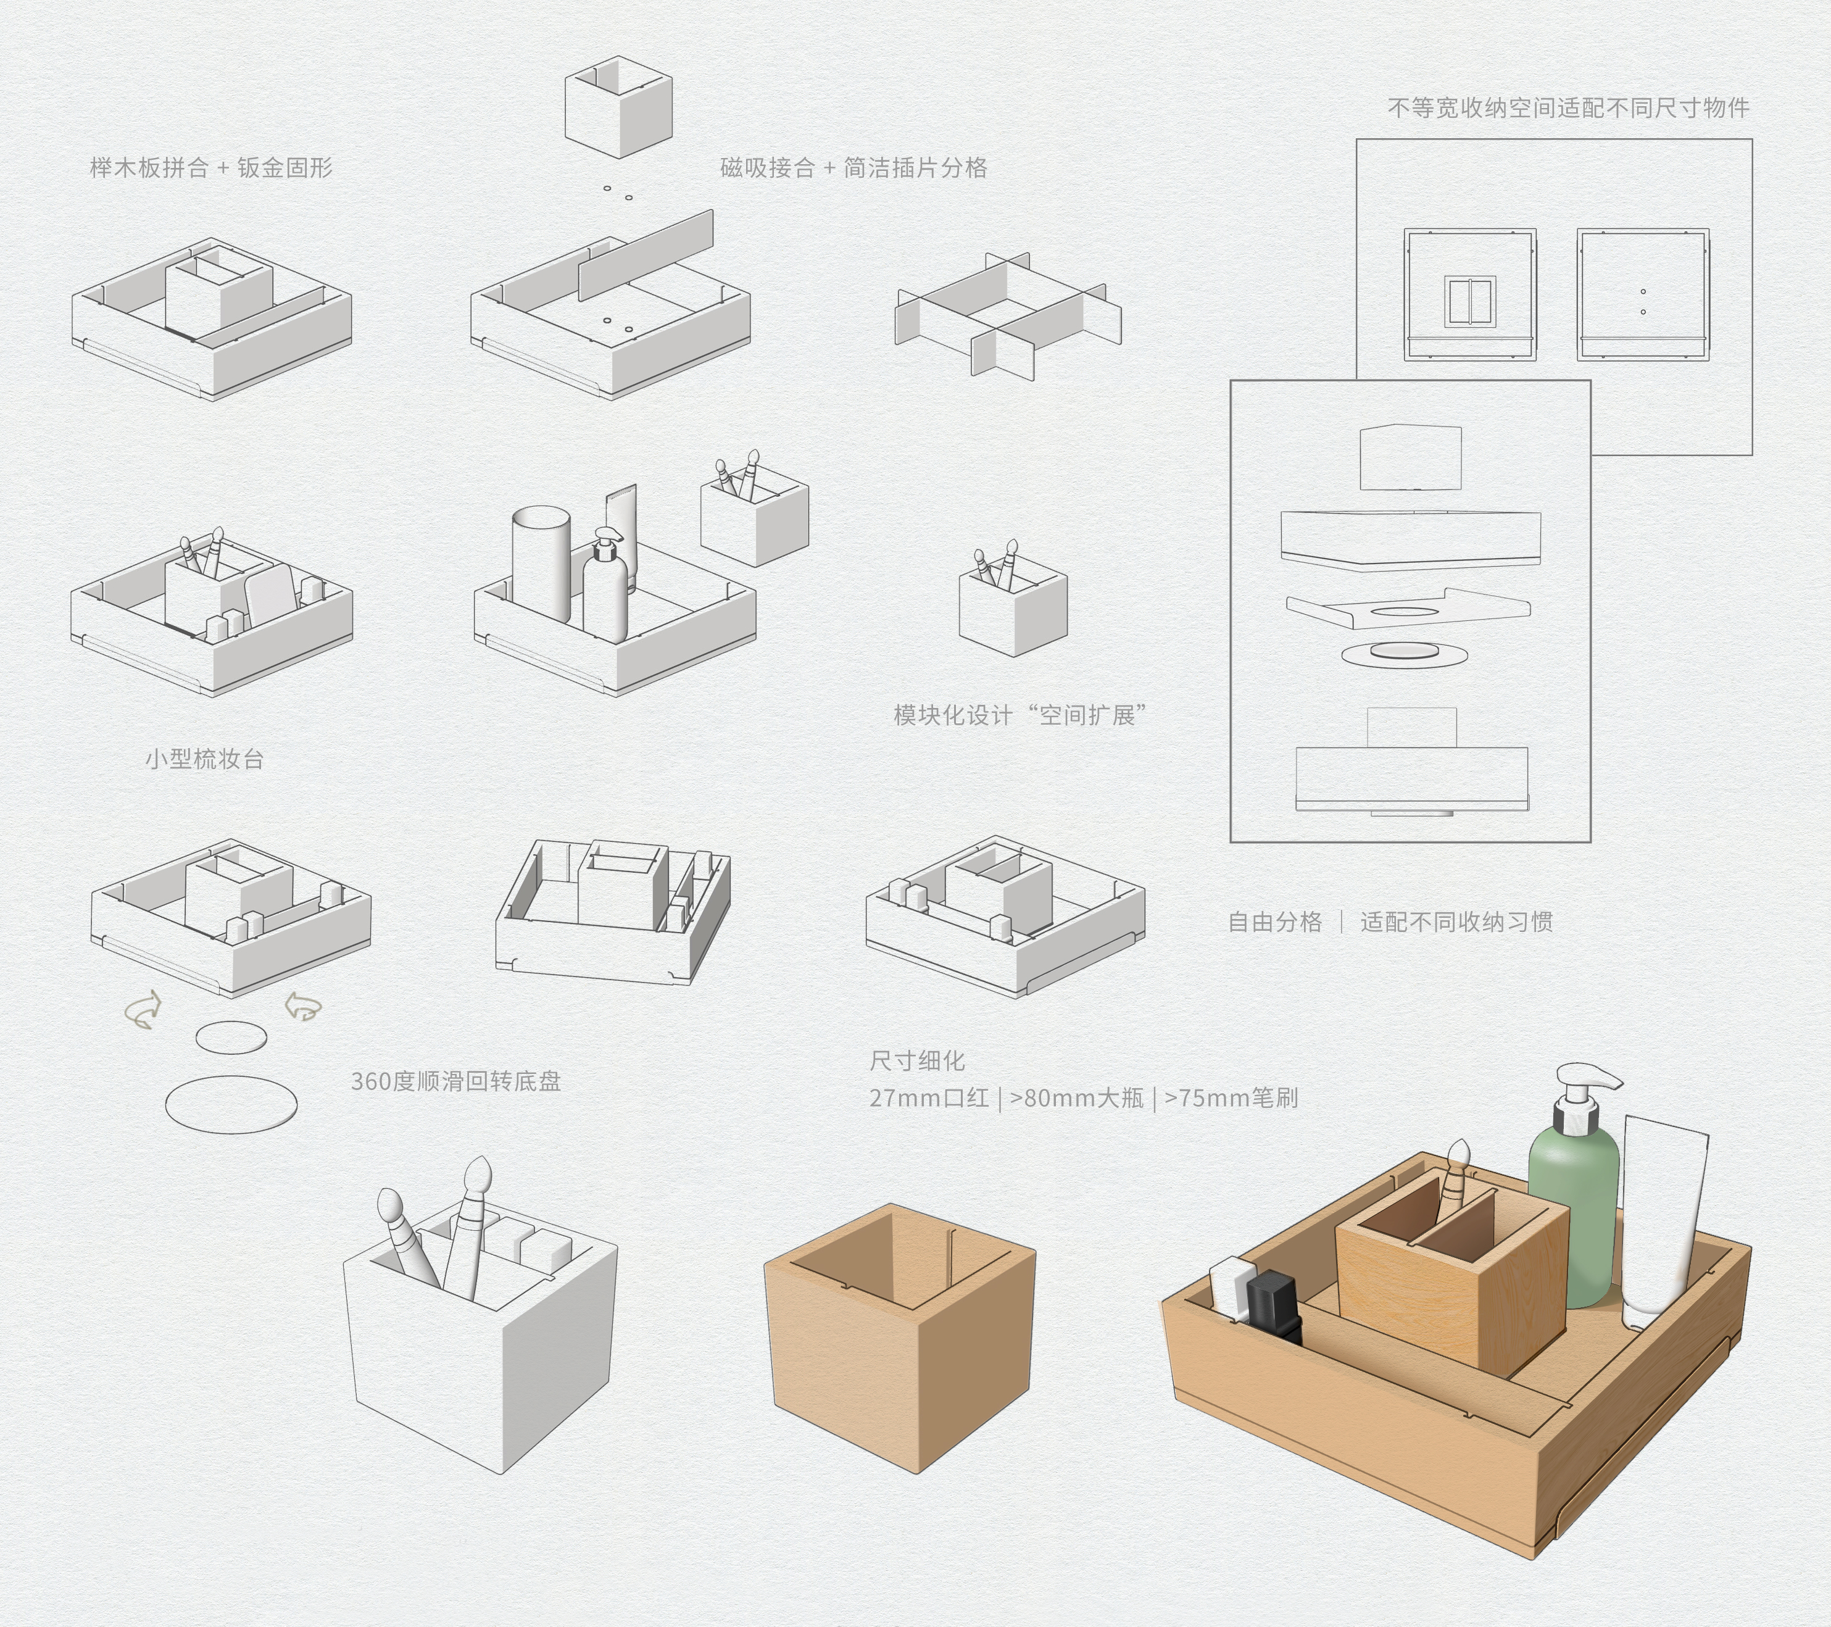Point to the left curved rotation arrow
coord(143,1010)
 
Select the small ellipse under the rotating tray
coord(231,1038)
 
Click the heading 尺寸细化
coord(916,1062)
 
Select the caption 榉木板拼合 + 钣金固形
coord(212,167)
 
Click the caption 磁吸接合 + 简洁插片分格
coord(853,167)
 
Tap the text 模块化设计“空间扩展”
coord(1019,715)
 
